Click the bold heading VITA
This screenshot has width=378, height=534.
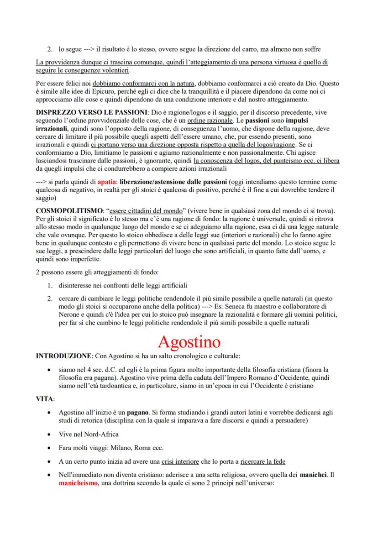pos(45,399)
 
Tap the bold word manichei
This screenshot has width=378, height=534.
pos(314,475)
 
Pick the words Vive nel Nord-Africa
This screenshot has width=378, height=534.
pos(85,434)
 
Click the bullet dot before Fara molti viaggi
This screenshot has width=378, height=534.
pos(49,448)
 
